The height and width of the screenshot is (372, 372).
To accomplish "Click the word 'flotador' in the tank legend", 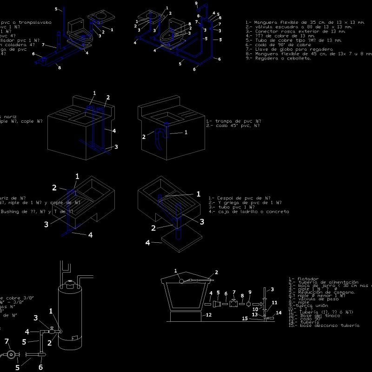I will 303,278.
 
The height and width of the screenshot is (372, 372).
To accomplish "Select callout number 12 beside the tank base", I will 209,315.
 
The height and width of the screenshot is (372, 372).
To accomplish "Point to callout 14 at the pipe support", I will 279,312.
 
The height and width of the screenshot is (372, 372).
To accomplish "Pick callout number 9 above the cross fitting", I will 250,292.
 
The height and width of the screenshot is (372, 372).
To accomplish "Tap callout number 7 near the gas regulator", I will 7,341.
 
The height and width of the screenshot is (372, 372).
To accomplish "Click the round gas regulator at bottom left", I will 10,355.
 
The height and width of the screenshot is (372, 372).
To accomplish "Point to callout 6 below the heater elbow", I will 40,367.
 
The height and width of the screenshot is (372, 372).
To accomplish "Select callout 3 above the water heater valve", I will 35,318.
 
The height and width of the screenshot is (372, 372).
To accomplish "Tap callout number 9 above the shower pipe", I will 196,3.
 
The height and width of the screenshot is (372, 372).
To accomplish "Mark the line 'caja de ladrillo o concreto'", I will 251,212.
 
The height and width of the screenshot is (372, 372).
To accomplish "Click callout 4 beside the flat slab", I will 148,242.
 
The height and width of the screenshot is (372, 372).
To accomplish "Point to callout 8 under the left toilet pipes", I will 59,68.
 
